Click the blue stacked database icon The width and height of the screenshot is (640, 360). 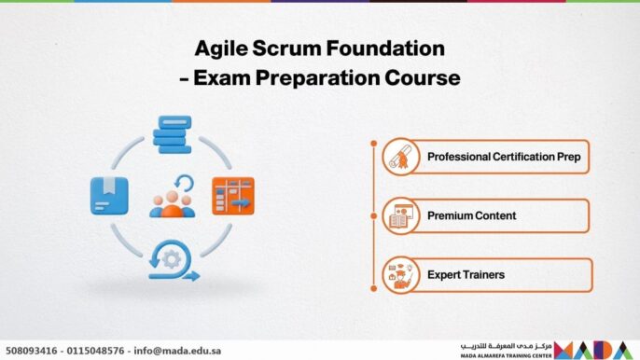(x=173, y=134)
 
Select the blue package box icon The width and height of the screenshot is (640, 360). (x=108, y=194)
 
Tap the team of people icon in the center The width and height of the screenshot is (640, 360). (x=173, y=196)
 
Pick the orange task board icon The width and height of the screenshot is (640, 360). (x=232, y=194)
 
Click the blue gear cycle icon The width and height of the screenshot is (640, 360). (x=174, y=260)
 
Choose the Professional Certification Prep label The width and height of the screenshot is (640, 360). (x=504, y=157)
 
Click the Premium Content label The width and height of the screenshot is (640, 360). (x=471, y=215)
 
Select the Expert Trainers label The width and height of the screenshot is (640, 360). (x=466, y=275)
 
